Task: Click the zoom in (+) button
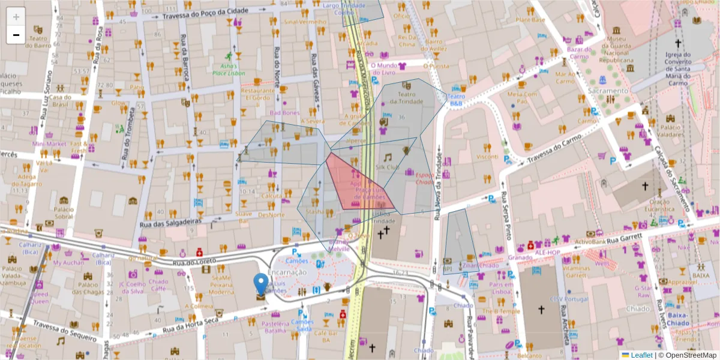[x=16, y=17]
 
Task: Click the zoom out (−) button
[x=16, y=35]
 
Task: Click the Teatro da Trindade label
[x=407, y=98]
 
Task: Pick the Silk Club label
[x=387, y=167]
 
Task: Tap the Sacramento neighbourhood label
[x=608, y=91]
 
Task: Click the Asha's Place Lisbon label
[x=224, y=69]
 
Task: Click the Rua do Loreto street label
[x=194, y=262]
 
